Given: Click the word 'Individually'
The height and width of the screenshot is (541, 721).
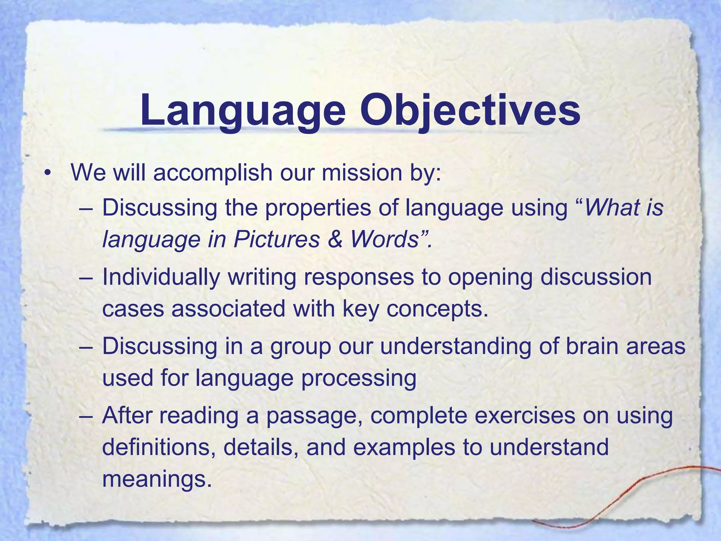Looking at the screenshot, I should coord(161,277).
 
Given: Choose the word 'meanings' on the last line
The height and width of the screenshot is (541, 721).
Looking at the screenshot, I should coord(157,479).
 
